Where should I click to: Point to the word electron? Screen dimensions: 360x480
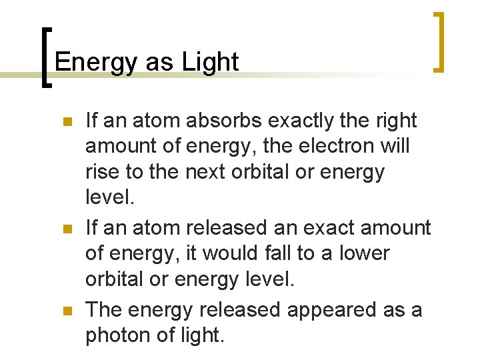pos(339,146)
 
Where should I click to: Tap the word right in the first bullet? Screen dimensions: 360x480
pos(396,121)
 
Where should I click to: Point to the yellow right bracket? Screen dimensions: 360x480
pos(439,41)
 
